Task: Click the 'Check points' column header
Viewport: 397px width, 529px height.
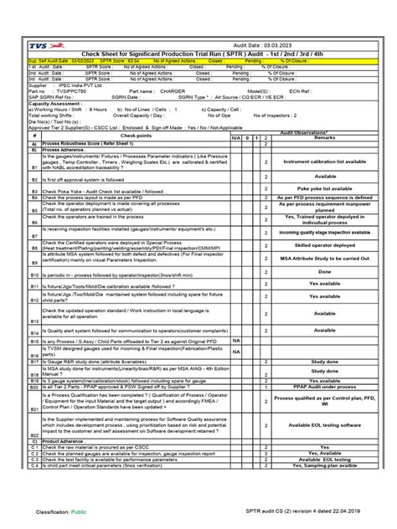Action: coord(136,135)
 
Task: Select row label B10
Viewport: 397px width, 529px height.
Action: coord(34,275)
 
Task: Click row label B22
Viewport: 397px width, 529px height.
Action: coord(34,436)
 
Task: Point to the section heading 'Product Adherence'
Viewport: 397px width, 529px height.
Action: coord(63,441)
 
